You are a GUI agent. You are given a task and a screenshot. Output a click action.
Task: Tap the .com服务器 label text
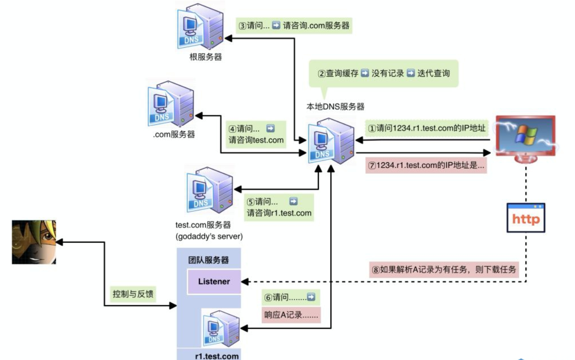point(174,135)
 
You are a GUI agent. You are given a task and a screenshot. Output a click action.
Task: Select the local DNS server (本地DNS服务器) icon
point(331,141)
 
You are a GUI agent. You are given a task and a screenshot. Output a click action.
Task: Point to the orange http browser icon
point(526,218)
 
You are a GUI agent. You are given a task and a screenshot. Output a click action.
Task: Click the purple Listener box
point(214,282)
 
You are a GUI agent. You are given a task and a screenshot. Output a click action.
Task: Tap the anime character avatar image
point(34,242)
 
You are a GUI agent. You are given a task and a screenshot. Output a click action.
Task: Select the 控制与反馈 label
point(133,294)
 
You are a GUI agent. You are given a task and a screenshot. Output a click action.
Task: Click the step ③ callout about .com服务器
point(294,25)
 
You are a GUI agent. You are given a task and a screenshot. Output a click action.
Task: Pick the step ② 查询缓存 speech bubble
point(383,73)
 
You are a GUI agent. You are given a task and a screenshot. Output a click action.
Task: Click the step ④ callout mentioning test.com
point(256,134)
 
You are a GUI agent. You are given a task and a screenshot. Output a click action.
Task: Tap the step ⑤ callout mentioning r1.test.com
point(279,207)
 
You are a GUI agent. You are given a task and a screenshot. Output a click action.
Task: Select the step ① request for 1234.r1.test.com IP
point(428,129)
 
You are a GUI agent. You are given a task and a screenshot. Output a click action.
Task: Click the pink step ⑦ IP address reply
point(427,166)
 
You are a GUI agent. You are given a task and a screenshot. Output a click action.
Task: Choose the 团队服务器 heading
point(209,260)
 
